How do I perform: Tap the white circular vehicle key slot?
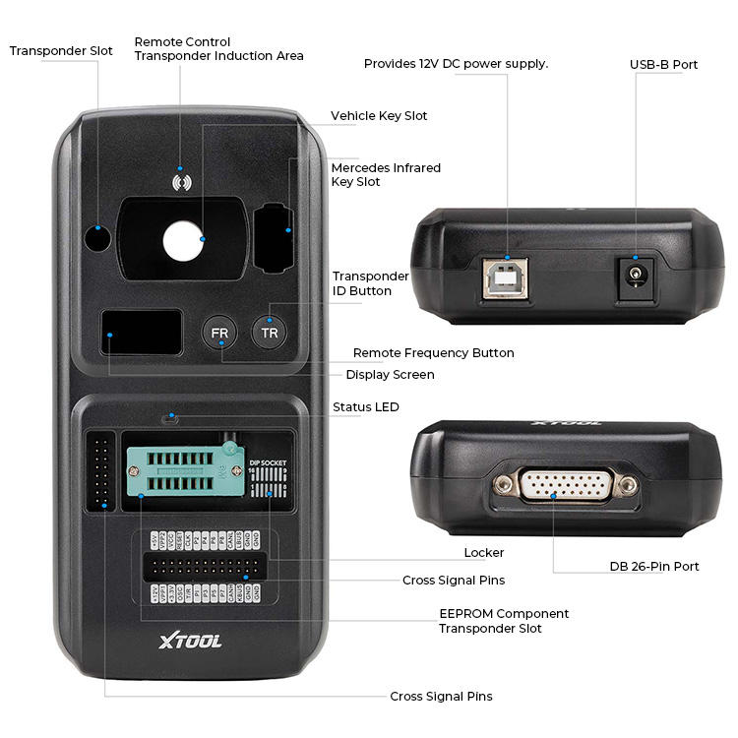click(x=181, y=239)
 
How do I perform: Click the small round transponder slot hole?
click(x=96, y=237)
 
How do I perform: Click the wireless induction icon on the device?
click(x=181, y=182)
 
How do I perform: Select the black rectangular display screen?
click(x=142, y=333)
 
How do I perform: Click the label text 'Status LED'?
click(x=365, y=407)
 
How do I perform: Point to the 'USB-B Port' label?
click(x=663, y=65)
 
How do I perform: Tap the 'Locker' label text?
click(x=484, y=553)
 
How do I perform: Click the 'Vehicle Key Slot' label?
click(x=379, y=116)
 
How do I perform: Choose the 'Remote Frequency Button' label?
click(x=433, y=353)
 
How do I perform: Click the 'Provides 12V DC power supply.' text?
click(x=456, y=64)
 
